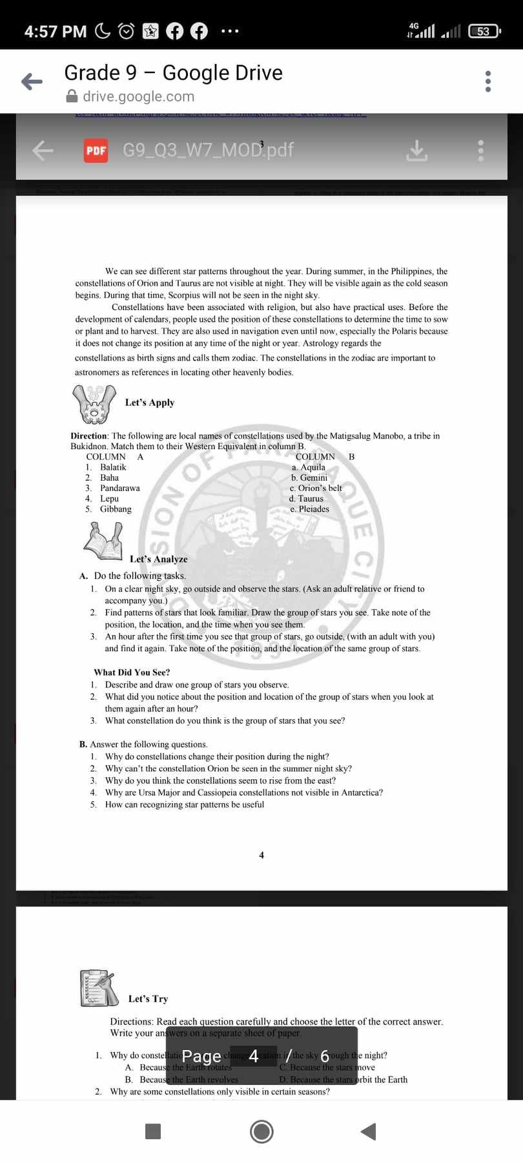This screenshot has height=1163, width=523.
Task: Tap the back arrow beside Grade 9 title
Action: (x=32, y=81)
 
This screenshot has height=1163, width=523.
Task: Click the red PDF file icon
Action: (x=96, y=151)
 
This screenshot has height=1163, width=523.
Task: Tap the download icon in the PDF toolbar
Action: (x=417, y=151)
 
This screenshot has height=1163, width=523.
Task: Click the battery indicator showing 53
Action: (x=484, y=31)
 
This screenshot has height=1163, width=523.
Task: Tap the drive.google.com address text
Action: (x=138, y=96)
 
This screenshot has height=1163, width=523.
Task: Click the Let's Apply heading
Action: (x=150, y=403)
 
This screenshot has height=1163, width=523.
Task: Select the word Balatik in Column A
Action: (x=113, y=467)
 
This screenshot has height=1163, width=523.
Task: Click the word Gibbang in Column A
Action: (x=116, y=509)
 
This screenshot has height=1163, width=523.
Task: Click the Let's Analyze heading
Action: (x=159, y=559)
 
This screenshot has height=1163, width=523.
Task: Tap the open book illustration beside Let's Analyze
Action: (x=104, y=541)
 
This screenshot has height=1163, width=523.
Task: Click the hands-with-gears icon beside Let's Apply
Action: (x=94, y=403)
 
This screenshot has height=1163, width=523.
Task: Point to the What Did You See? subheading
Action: (x=132, y=672)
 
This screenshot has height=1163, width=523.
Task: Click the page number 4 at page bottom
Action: (x=261, y=855)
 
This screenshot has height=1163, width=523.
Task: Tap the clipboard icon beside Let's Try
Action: (x=99, y=988)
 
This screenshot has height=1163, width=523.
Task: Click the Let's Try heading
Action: (x=148, y=999)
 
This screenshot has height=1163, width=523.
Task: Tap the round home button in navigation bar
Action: (x=261, y=1131)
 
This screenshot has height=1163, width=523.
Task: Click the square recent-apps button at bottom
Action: (x=153, y=1131)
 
